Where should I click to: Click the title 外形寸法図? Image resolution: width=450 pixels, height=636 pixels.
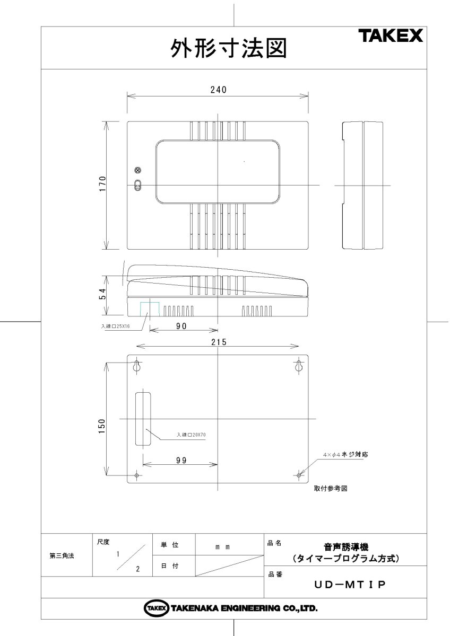(x=228, y=49)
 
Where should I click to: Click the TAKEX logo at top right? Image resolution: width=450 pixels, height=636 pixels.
(x=390, y=36)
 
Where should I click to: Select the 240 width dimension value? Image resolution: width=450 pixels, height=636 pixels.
(x=218, y=90)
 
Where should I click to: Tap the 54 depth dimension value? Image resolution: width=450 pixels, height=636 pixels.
(x=103, y=294)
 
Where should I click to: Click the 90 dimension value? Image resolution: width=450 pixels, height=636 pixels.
(x=181, y=327)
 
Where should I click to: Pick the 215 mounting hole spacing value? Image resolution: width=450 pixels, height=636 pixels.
(x=218, y=342)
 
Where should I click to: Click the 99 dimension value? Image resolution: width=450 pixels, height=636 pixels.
(x=181, y=461)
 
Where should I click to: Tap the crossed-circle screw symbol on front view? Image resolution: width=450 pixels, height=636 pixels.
(x=137, y=170)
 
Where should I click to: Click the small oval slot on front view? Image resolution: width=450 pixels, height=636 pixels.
(x=137, y=185)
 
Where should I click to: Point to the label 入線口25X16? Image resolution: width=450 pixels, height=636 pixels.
(x=115, y=327)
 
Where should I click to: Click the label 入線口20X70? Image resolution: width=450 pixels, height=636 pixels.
(x=191, y=435)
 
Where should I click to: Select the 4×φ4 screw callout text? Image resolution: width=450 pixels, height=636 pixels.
(x=345, y=455)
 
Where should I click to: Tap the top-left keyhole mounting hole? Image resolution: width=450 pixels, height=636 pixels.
(x=137, y=366)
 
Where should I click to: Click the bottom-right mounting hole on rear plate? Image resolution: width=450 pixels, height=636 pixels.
(x=299, y=475)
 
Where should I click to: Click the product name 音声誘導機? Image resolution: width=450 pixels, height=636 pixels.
(x=346, y=546)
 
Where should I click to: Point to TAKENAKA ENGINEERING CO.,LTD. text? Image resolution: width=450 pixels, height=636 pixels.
(x=244, y=608)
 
